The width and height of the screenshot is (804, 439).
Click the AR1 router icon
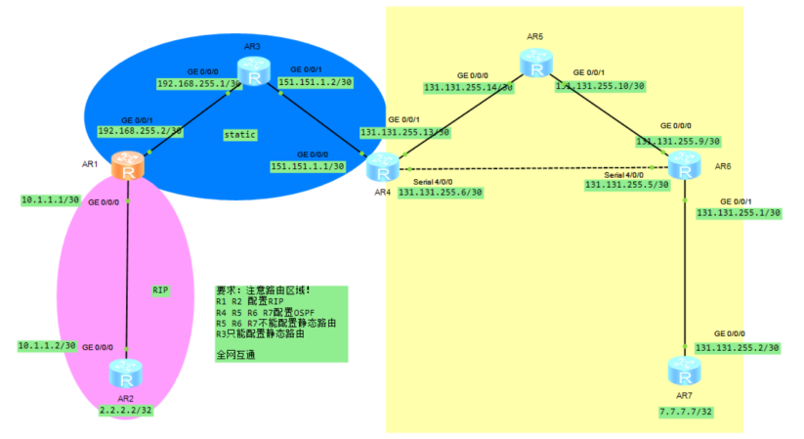tap(128, 170)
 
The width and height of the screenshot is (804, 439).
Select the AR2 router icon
tap(126, 372)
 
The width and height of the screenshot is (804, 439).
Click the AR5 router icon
tap(534, 65)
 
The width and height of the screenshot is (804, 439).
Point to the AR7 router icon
tap(683, 372)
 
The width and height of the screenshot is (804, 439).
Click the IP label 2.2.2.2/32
tap(126, 411)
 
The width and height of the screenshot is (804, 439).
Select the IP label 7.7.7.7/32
tap(686, 413)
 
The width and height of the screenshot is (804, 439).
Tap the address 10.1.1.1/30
tap(50, 200)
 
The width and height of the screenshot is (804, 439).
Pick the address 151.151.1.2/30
tap(316, 82)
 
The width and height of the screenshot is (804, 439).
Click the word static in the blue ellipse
tap(239, 133)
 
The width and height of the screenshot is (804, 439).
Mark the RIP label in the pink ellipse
tap(160, 290)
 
